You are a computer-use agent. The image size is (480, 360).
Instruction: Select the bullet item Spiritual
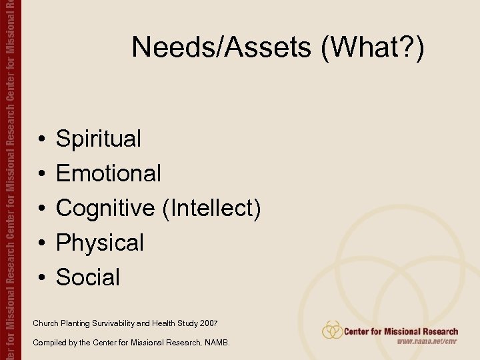coord(99,139)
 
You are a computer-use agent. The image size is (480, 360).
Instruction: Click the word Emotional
coord(109,174)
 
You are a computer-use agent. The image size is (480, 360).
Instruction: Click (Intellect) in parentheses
coord(211,209)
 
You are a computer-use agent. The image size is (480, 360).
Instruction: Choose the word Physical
coord(100,243)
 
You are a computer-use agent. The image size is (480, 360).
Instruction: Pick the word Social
coord(88,277)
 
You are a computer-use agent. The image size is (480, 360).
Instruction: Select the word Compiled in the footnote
coord(48,343)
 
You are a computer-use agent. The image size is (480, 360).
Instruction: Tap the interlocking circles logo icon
coord(332,330)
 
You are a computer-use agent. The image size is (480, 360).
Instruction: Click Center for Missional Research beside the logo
coord(401,331)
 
